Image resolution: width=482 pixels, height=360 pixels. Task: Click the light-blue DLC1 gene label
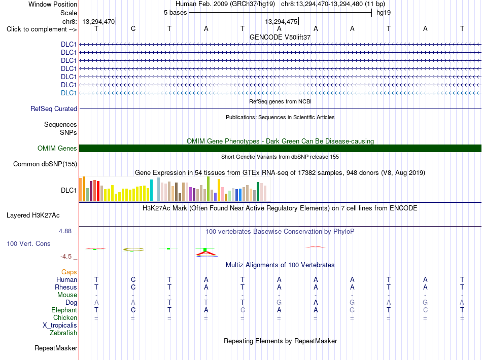(68, 93)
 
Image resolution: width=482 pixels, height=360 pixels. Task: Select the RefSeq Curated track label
(54, 109)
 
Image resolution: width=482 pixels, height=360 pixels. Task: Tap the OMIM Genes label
(57, 149)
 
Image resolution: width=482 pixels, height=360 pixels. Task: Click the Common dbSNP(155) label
(45, 164)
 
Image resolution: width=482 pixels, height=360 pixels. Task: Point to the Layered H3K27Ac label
(33, 215)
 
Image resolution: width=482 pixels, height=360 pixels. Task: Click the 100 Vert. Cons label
(28, 243)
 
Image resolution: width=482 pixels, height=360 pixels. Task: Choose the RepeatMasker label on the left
(56, 348)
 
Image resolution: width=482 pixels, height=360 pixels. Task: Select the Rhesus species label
(66, 287)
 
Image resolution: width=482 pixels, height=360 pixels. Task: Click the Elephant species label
(64, 310)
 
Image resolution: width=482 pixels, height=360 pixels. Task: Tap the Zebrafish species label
(63, 333)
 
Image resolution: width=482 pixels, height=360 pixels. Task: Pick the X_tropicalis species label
(60, 326)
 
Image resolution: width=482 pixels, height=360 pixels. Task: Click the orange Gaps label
(69, 272)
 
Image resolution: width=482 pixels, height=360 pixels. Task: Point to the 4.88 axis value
(65, 231)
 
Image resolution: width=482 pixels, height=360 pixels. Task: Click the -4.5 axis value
(66, 257)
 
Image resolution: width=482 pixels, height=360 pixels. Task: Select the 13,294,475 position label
(281, 21)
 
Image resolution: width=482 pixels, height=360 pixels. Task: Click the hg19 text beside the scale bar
(384, 13)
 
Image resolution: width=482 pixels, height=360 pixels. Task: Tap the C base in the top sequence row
(133, 28)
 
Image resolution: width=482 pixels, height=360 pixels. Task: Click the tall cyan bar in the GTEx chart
(151, 191)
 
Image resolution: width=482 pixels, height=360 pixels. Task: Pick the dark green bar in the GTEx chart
(258, 192)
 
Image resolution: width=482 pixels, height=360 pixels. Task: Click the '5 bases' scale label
(175, 13)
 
